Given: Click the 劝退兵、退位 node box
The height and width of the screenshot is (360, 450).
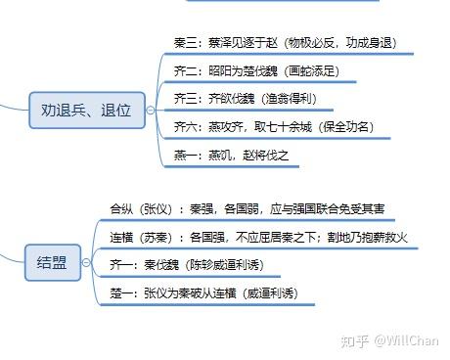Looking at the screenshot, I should coord(86,107).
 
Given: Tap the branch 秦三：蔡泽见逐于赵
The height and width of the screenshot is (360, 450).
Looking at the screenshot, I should coord(224,44).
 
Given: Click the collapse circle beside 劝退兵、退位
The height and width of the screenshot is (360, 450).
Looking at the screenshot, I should coord(150,107).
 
